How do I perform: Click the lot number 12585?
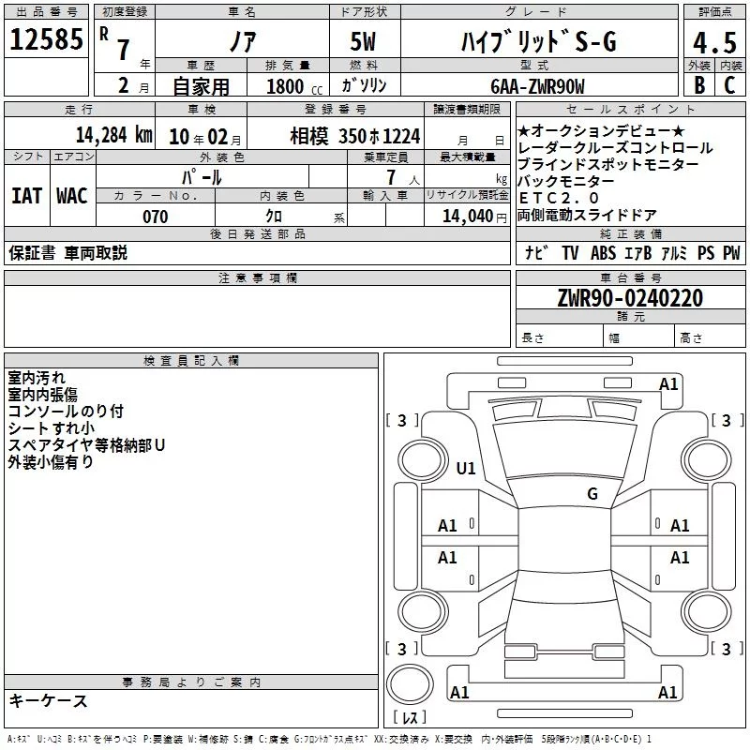click(46, 39)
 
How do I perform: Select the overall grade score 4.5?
click(714, 42)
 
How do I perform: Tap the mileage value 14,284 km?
click(114, 135)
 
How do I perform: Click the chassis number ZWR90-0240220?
click(630, 297)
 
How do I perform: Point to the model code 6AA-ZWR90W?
click(537, 86)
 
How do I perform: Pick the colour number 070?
click(156, 217)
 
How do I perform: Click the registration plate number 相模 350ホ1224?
click(355, 136)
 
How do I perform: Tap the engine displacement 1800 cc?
click(294, 87)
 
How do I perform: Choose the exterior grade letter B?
click(699, 85)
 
